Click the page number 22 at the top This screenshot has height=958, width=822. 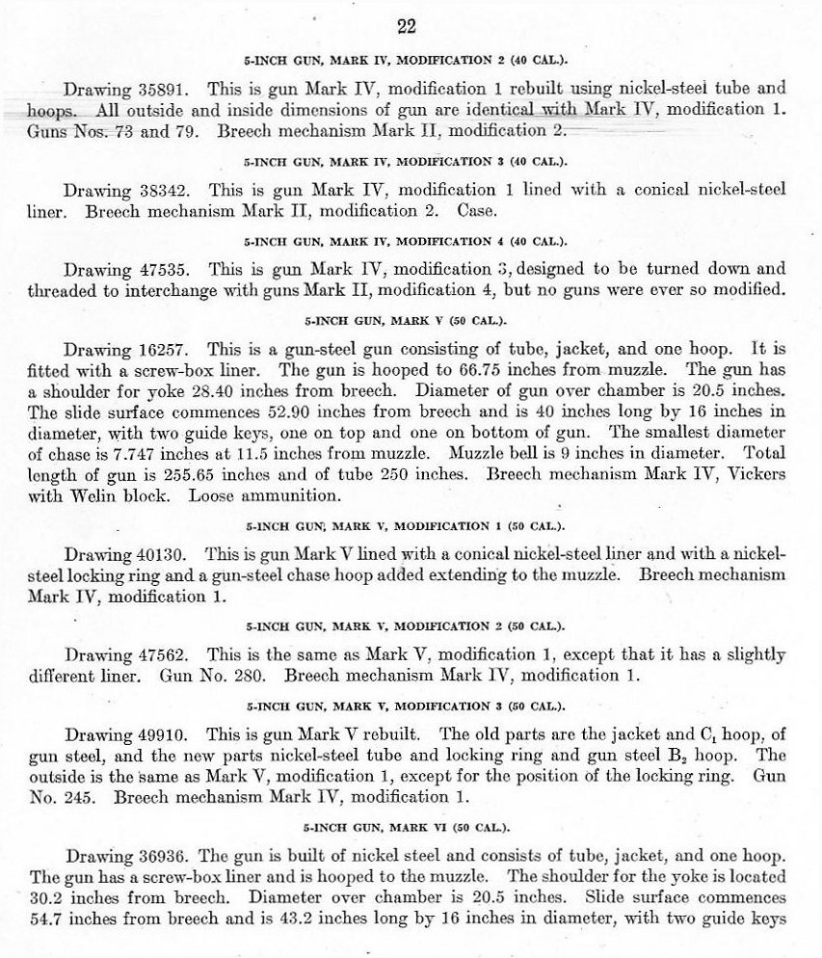407,26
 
